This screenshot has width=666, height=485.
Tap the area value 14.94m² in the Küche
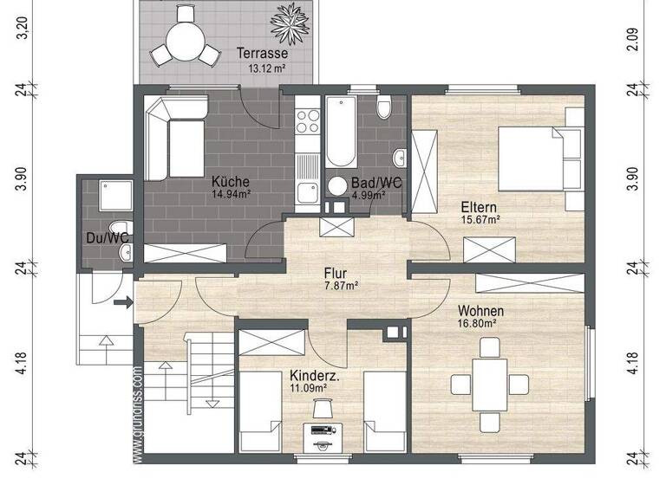pos(231,195)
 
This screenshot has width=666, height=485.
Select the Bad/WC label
pos(375,184)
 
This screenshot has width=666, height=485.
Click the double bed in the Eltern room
pos(535,158)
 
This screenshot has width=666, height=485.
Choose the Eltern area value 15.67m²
pos(482,220)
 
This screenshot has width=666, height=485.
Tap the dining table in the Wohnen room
pos(489,383)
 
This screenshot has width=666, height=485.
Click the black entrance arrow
pos(123,302)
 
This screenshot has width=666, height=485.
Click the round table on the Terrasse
pos(184,40)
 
